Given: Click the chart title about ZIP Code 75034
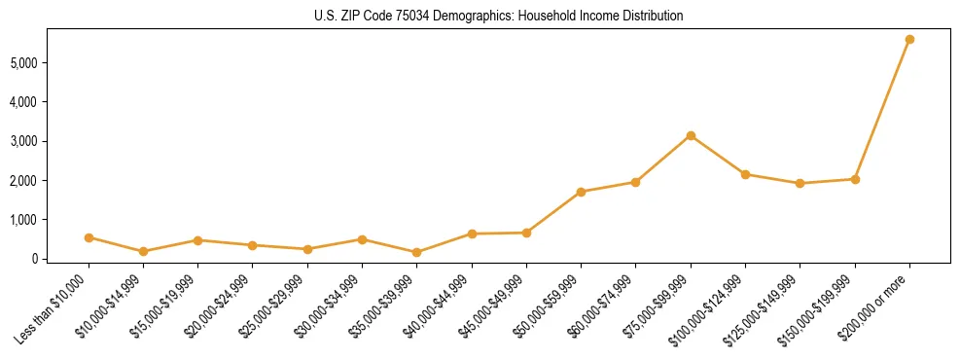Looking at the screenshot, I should (480, 17).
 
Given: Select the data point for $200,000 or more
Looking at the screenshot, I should (909, 40).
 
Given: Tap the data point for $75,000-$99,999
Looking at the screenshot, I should (691, 135).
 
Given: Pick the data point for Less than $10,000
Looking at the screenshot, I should (89, 237).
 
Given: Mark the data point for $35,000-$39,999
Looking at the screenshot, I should (416, 252).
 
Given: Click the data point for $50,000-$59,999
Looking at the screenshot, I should (581, 192).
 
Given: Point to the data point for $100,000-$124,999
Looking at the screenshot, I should (745, 174).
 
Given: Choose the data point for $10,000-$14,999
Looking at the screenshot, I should (143, 251).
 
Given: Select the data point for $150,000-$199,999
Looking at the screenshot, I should (855, 179).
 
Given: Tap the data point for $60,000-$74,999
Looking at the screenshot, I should (635, 182).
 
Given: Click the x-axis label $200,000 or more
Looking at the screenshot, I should (874, 304).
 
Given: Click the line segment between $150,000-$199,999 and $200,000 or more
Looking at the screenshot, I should (882, 109).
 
